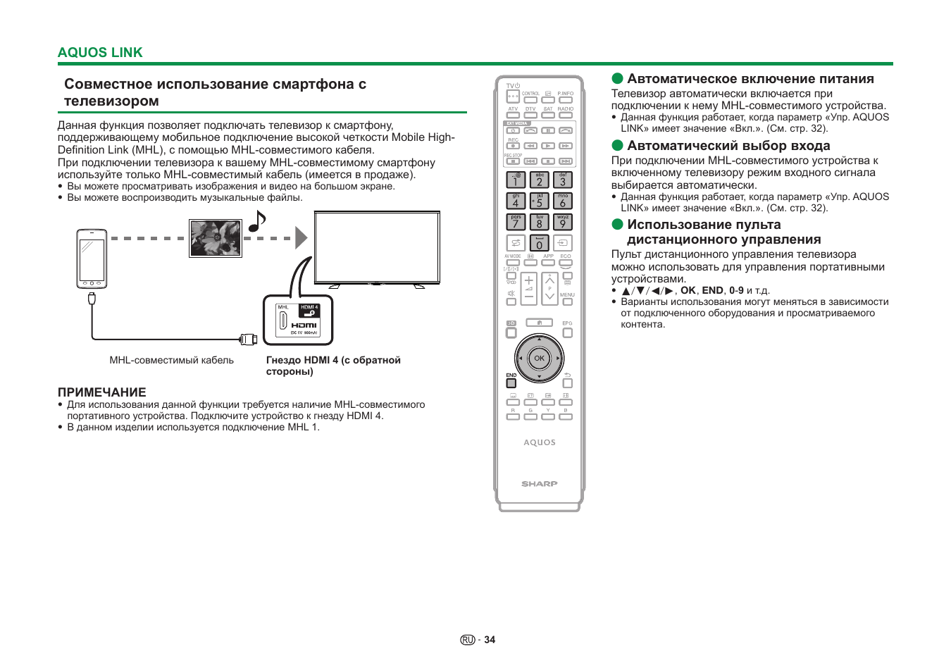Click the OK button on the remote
[x=539, y=359]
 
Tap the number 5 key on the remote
[x=539, y=201]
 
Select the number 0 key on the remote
[x=539, y=244]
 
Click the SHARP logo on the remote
[x=540, y=484]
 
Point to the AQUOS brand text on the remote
[x=540, y=442]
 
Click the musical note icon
[x=257, y=221]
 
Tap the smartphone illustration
[x=92, y=259]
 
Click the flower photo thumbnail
[x=216, y=238]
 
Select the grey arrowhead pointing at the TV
[x=301, y=238]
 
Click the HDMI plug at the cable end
[x=248, y=340]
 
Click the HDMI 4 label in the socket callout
[x=309, y=308]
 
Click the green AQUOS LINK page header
[x=100, y=53]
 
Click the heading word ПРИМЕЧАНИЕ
[x=102, y=392]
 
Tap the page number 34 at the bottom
[x=490, y=640]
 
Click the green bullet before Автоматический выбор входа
[x=618, y=146]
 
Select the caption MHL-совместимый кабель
[x=171, y=360]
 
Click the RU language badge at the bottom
[x=468, y=640]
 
